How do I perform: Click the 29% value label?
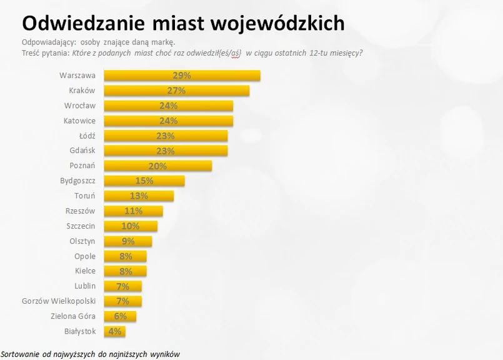(182, 76)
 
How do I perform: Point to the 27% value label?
(177, 91)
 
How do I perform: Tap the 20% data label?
(157, 166)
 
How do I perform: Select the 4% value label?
(115, 331)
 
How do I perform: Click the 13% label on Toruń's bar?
(139, 196)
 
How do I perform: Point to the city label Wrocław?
(80, 106)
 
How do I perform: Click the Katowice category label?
(79, 121)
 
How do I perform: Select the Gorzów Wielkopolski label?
(59, 301)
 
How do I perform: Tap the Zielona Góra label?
(72, 316)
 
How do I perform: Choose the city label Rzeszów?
(81, 211)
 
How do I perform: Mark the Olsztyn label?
(82, 241)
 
